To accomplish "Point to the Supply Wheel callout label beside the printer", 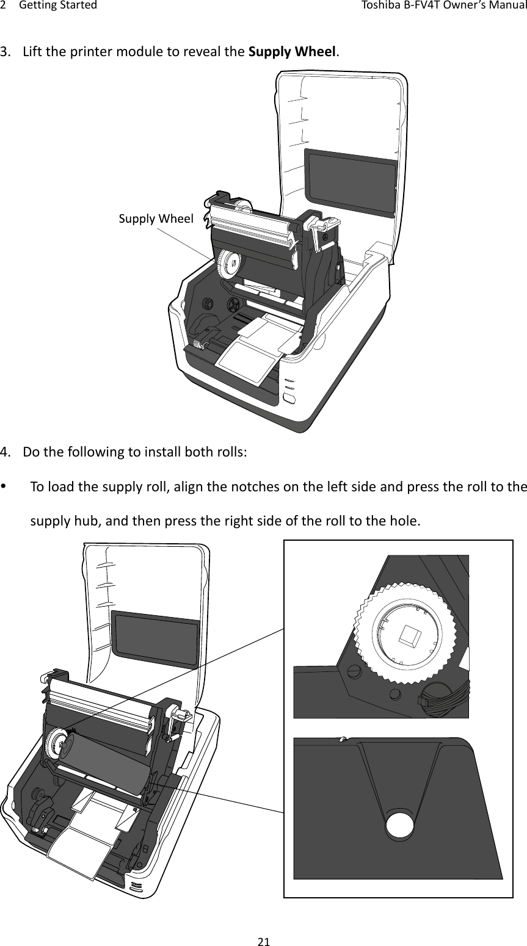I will (156, 218).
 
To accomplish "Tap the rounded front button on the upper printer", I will (290, 400).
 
